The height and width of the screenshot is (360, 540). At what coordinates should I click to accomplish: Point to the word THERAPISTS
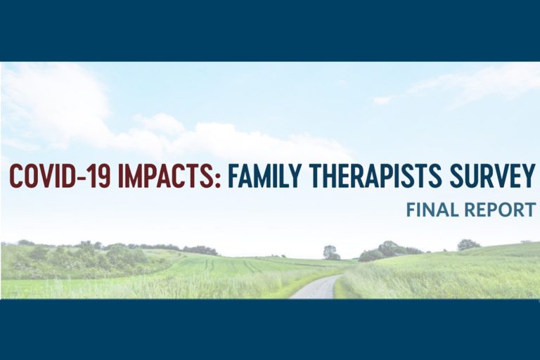tap(371, 175)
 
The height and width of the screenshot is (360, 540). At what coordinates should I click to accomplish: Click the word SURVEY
tap(487, 175)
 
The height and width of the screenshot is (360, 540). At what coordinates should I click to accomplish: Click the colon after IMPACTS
tap(217, 179)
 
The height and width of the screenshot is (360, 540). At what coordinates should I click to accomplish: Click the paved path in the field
tap(319, 288)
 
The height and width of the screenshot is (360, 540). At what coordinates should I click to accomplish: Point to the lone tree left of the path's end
tap(330, 252)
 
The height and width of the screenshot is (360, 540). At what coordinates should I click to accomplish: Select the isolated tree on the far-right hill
tap(468, 245)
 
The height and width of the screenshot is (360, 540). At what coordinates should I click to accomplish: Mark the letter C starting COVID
tap(16, 175)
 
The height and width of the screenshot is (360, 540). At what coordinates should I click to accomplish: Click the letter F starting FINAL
tap(411, 210)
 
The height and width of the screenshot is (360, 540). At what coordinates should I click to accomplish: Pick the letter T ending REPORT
tap(529, 210)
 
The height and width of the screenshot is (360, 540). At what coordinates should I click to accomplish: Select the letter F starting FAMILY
tap(233, 175)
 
